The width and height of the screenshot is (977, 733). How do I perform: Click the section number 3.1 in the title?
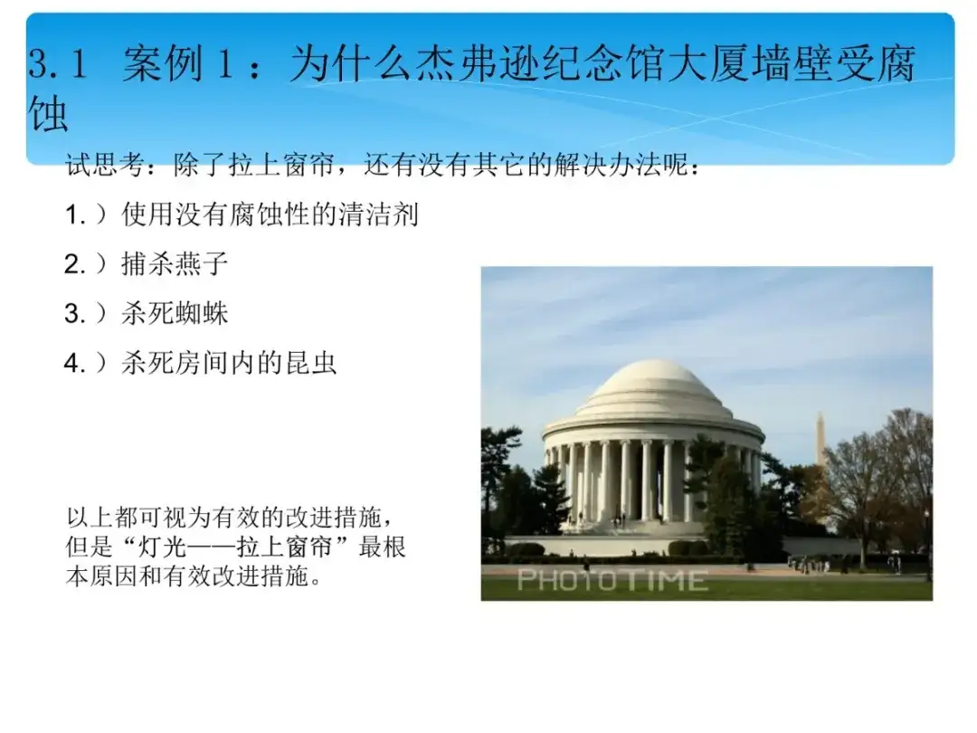pos(57,63)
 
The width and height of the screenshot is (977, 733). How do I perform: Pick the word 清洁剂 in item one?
pos(377,215)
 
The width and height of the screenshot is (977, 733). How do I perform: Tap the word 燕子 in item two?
pos(202,264)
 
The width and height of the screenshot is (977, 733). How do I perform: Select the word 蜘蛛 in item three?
pos(202,313)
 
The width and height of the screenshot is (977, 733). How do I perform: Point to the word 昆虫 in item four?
pos(310,363)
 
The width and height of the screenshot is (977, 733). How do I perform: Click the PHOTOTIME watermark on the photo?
pos(612,580)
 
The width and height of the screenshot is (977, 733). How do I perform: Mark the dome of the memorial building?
pos(654,389)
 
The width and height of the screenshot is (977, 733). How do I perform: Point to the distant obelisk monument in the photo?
pos(820,440)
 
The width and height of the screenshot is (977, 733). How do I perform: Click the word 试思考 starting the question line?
pos(106,166)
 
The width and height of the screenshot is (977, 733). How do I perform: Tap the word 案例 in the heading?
pos(163,63)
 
